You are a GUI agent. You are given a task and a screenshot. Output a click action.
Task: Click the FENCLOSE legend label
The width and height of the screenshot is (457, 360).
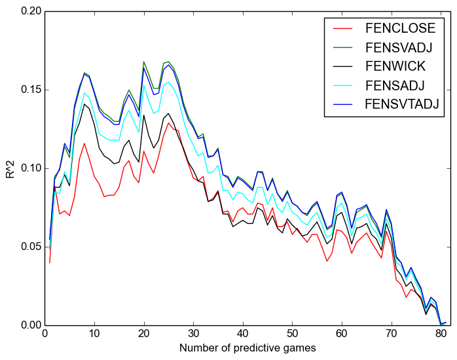400,28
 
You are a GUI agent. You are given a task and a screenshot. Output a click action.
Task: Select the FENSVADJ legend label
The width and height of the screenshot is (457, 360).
401,47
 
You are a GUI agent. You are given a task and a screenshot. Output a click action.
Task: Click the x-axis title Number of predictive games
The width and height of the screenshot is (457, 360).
247,348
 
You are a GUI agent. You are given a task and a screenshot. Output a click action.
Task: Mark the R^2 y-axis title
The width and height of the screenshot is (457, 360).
9,168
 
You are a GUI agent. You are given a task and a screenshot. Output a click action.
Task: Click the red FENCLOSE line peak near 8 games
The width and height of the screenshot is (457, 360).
84,143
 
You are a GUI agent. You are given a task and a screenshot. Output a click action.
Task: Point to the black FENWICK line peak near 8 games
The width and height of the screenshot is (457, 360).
84,104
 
